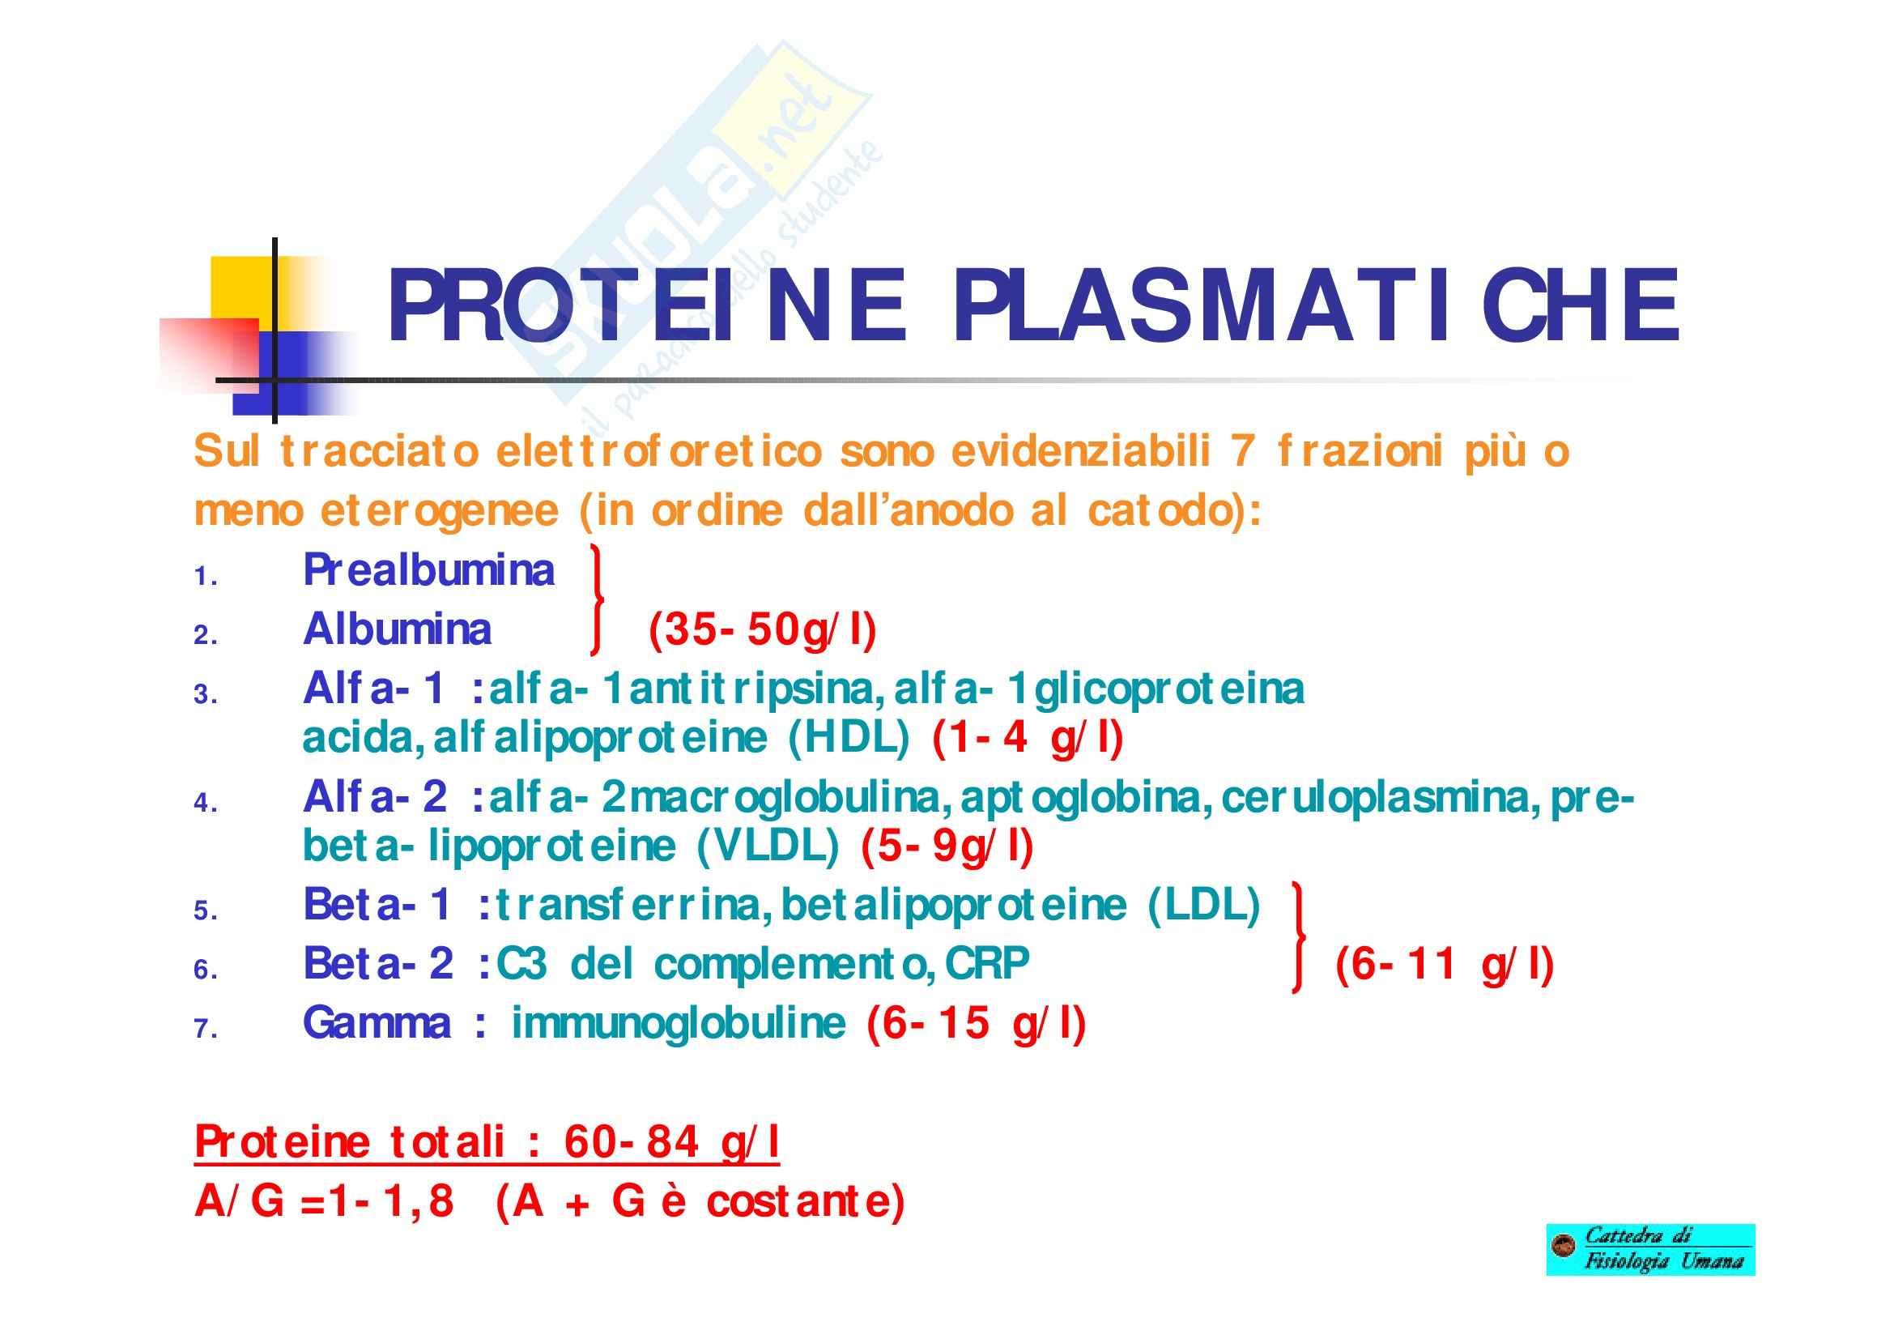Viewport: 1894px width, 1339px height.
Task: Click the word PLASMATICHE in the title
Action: pyautogui.click(x=1316, y=305)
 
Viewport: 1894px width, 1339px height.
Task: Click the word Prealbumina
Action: pyautogui.click(x=429, y=570)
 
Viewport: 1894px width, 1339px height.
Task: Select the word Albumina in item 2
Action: pyautogui.click(x=398, y=629)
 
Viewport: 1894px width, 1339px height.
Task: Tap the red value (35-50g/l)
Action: pyautogui.click(x=762, y=631)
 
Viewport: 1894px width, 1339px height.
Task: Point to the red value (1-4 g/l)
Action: pyautogui.click(x=1028, y=739)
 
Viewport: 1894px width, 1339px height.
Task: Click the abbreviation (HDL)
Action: pyautogui.click(x=849, y=738)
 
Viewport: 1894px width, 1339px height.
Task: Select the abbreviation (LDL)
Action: pyautogui.click(x=1204, y=905)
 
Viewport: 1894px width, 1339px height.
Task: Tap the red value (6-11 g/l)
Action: pyautogui.click(x=1445, y=965)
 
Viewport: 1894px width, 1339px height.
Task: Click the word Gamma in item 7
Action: pyautogui.click(x=378, y=1024)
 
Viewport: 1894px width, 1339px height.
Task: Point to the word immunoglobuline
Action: pyautogui.click(x=679, y=1024)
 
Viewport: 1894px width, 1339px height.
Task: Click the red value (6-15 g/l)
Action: pyautogui.click(x=977, y=1024)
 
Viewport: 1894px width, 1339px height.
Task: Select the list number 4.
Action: pyautogui.click(x=206, y=803)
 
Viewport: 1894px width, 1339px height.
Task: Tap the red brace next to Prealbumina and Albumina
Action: pyautogui.click(x=598, y=599)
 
